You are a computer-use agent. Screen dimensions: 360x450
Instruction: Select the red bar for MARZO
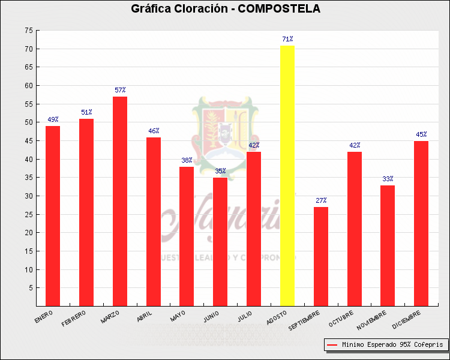point(120,201)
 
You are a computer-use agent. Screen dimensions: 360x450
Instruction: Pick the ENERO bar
point(53,215)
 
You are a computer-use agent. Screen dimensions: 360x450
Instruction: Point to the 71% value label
point(287,39)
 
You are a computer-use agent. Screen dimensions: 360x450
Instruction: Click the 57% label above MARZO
point(120,90)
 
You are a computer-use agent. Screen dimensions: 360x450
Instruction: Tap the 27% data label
point(321,200)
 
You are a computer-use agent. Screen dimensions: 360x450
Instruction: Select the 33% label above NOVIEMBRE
point(388,179)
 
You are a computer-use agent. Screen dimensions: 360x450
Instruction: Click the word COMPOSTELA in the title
point(279,8)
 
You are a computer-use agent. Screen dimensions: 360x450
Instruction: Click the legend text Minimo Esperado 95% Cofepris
point(392,345)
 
